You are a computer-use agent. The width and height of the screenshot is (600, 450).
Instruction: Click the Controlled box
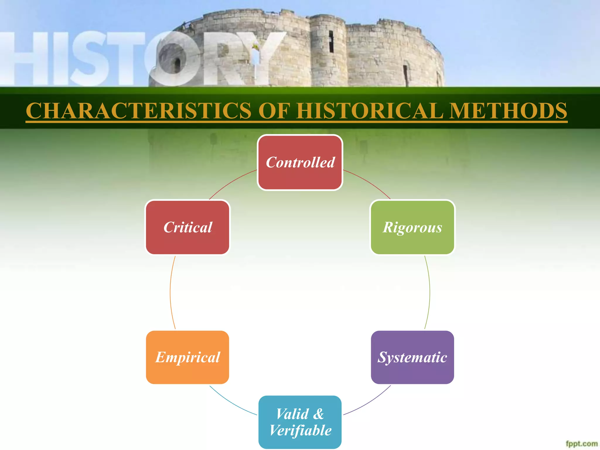(300, 163)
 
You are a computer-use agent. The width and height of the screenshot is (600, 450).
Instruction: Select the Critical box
(187, 227)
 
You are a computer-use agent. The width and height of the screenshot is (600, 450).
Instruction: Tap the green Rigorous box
(412, 227)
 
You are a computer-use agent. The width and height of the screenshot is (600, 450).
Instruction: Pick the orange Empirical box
(187, 357)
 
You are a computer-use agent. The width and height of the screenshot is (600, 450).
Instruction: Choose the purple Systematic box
(412, 357)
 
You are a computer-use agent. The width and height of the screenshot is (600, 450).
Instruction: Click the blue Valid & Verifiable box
(300, 422)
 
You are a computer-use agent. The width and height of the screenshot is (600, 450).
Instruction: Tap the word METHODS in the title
(508, 111)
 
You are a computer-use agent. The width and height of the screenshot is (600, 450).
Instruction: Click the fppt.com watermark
(582, 444)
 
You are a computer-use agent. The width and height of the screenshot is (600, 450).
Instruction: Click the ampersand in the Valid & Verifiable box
(318, 414)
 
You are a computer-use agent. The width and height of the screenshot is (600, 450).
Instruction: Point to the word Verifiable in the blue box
(300, 430)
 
